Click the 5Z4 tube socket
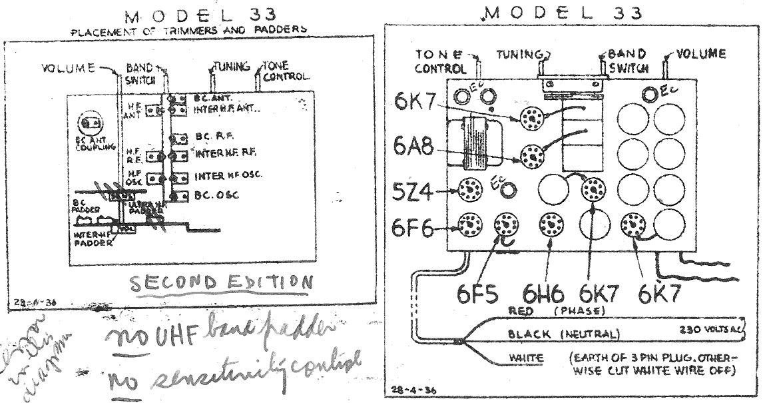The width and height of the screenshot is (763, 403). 470,191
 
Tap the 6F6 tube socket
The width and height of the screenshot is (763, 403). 471,226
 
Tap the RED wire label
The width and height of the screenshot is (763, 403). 521,310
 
